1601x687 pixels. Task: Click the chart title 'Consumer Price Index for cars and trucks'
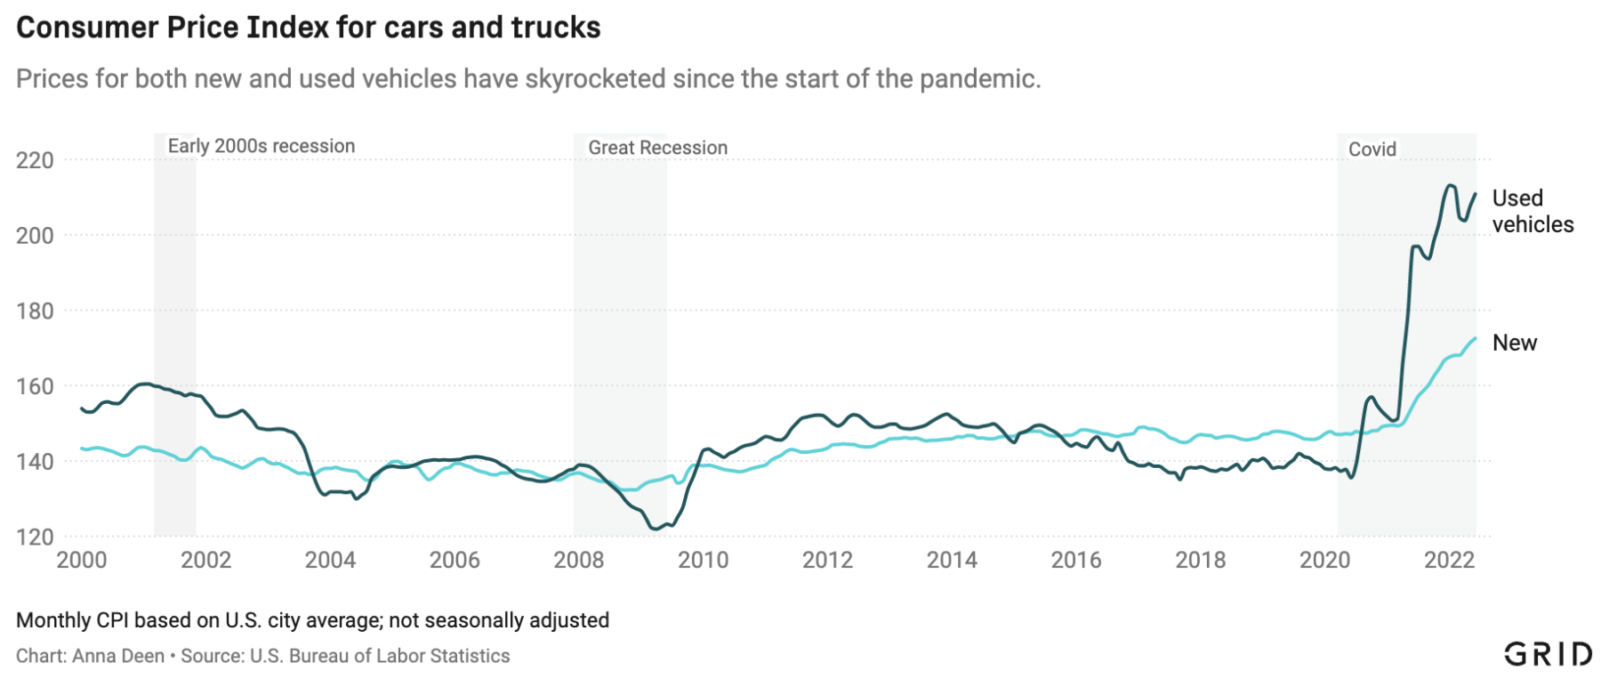click(308, 28)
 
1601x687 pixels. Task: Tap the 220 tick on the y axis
click(35, 160)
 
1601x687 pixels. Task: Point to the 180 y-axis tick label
click(35, 311)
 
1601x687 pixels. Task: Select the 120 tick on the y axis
click(35, 537)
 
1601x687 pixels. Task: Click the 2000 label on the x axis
click(81, 560)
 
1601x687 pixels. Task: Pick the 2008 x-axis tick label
click(578, 560)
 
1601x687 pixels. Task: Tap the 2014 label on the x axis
click(952, 560)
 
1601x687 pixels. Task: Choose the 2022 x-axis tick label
click(1449, 560)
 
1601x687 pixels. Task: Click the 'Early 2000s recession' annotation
click(261, 146)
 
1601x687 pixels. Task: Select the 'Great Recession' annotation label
click(657, 148)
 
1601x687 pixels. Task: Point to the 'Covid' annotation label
click(1372, 150)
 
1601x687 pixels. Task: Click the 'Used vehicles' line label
click(1532, 211)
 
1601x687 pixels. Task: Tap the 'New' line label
click(1514, 343)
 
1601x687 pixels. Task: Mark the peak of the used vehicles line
click(1450, 185)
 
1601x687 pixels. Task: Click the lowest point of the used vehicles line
click(656, 529)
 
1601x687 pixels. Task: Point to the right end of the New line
click(1476, 338)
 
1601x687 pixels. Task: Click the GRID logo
click(1548, 654)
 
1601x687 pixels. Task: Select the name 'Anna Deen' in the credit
click(118, 656)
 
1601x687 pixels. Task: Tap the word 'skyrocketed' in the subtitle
click(595, 79)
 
